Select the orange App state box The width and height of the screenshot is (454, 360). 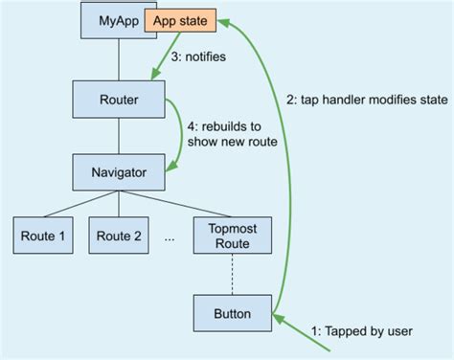coord(180,19)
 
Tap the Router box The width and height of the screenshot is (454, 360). coord(119,98)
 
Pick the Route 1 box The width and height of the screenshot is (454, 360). coord(44,236)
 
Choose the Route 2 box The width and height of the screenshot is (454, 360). coord(119,236)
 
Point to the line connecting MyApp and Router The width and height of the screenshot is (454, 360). coord(119,57)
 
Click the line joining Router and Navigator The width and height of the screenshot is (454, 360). coord(119,136)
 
